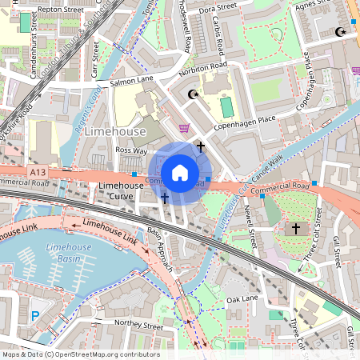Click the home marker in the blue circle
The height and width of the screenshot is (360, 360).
[180, 173]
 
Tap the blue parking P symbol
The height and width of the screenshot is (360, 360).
[34, 316]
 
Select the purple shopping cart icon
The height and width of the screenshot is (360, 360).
[184, 127]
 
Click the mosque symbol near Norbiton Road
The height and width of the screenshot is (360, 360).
[192, 94]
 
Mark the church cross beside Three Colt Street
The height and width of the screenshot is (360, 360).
[295, 229]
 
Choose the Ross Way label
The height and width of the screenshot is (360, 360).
[132, 150]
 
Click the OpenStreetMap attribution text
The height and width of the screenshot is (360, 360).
[80, 354]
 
